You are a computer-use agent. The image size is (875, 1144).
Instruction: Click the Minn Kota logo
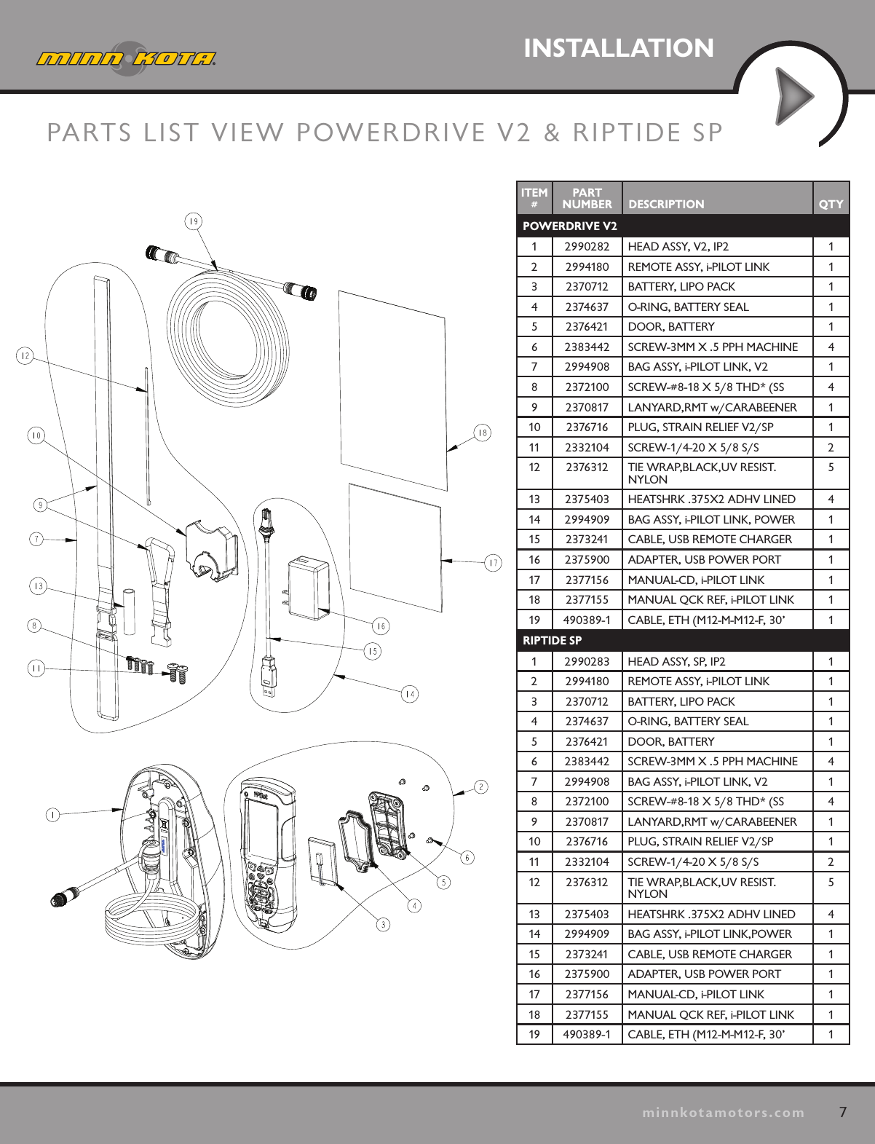[x=126, y=58]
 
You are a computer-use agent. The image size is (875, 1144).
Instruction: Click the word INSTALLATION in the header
[x=618, y=48]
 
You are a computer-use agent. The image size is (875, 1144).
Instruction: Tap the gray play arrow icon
[x=793, y=96]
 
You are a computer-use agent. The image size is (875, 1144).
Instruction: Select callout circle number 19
[x=193, y=221]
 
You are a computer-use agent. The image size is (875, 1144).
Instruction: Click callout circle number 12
[x=25, y=355]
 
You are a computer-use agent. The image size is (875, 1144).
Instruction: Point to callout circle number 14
[x=410, y=694]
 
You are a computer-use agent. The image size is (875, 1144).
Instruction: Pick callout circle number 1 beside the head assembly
[x=52, y=815]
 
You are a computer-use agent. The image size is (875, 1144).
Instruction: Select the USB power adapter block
[x=309, y=588]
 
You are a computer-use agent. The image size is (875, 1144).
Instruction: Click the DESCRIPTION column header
[x=666, y=205]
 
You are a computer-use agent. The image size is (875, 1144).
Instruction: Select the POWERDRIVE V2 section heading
[x=570, y=226]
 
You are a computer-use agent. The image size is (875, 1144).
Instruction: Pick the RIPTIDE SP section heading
[x=553, y=641]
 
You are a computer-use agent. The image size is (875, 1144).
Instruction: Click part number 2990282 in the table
[x=587, y=247]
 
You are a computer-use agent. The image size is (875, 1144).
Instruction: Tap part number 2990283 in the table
[x=587, y=661]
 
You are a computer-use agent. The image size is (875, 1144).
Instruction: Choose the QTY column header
[x=831, y=205]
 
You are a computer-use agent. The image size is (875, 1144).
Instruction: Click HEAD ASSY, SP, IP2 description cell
[x=676, y=661]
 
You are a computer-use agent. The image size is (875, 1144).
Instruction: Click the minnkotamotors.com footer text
[x=723, y=1113]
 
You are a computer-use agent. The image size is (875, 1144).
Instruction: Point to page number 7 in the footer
[x=843, y=1112]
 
